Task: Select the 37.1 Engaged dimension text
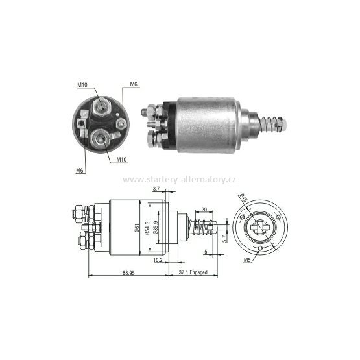(x=193, y=272)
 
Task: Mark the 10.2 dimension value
(x=159, y=260)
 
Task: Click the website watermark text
(x=180, y=179)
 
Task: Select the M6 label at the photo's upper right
(x=134, y=85)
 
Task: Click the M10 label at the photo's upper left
(x=82, y=84)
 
